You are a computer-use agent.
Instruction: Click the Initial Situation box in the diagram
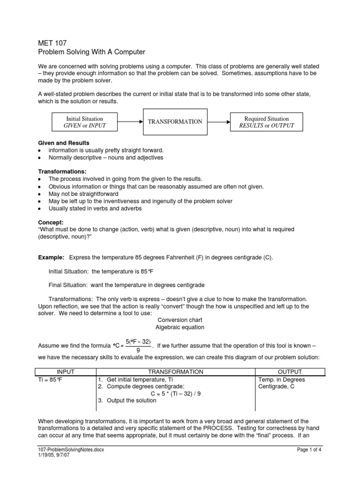coord(84,122)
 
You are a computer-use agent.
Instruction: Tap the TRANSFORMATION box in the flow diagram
coord(175,122)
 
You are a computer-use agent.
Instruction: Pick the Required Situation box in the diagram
coord(267,122)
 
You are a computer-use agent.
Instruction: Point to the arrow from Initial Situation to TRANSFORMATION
coord(130,122)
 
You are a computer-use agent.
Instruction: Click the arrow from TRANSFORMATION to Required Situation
coord(218,122)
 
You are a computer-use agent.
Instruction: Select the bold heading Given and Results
coord(63,142)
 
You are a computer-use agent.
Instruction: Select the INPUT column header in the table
coord(65,372)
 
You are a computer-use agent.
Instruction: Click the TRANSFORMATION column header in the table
coord(175,372)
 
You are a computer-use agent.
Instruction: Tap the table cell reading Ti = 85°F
coord(50,379)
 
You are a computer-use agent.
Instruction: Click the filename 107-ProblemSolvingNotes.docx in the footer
coord(71,449)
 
